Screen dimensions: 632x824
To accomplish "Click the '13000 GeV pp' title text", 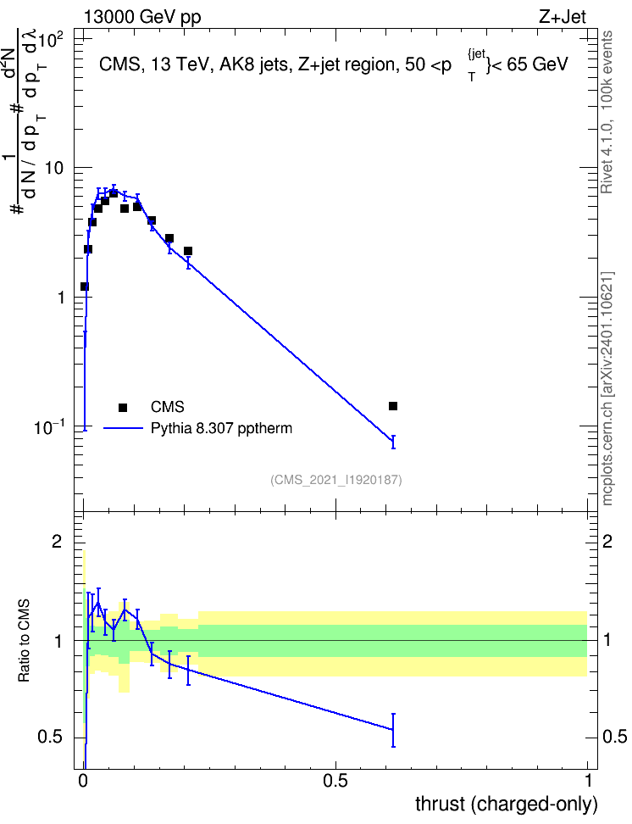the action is coord(142,17).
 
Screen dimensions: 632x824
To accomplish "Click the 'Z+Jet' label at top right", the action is coord(563,17).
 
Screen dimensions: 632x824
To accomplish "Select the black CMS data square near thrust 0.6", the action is coord(393,406).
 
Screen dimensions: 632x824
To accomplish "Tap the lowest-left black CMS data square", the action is coord(84,287).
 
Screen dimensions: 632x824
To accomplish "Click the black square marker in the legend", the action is coord(123,407).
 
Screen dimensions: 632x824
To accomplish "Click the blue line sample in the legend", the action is coord(123,428).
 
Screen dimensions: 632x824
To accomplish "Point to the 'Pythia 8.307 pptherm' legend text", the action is coord(221,428).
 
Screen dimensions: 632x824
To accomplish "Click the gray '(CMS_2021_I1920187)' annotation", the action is coord(336,480).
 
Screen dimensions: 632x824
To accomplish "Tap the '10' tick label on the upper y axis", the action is coord(54,168).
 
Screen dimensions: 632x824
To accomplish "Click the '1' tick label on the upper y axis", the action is coord(59,298).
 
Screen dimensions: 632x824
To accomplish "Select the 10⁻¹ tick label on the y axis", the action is coord(50,426).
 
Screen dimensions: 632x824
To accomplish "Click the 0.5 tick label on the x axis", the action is coord(335,781).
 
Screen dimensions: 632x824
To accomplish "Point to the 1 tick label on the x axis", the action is coord(588,781).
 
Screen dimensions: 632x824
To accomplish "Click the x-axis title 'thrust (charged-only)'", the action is coord(507,804).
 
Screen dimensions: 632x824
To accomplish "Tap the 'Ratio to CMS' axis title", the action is coord(25,641).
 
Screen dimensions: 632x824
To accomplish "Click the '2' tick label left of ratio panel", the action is coord(57,541).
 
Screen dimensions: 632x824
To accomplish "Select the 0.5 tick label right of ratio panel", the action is coord(614,737).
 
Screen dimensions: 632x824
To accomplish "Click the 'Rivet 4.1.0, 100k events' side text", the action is coord(607,112).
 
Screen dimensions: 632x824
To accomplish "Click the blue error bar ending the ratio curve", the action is coord(393,730).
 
